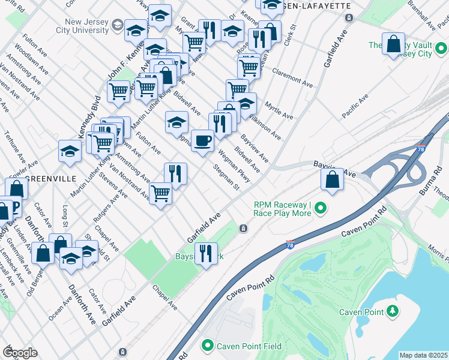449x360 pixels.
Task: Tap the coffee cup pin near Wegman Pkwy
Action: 202,141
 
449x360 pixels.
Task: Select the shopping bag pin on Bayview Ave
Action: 332,179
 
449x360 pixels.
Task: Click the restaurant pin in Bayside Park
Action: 206,254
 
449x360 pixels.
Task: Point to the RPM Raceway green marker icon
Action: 321,209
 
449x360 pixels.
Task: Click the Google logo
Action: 20,352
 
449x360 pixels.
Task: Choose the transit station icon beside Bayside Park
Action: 243,228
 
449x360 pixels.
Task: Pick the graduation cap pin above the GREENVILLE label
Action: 70,152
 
